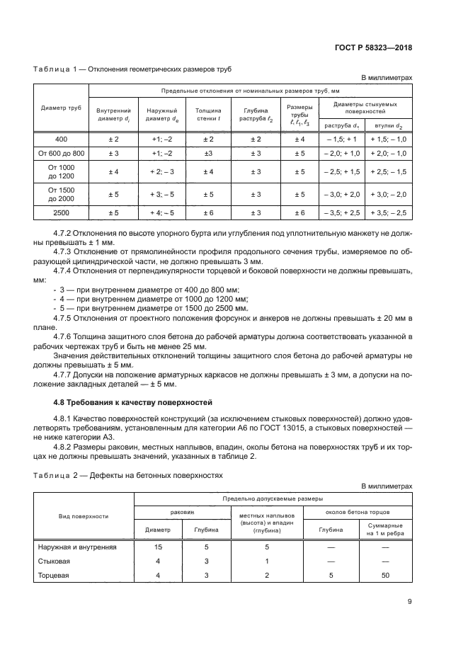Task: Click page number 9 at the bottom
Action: click(x=409, y=602)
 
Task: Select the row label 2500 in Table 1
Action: click(x=61, y=212)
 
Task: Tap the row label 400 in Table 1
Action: click(x=61, y=139)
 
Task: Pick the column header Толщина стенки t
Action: click(x=208, y=115)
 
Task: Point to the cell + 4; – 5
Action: click(x=161, y=212)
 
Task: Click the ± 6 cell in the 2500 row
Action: click(x=208, y=212)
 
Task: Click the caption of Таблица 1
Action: click(x=132, y=69)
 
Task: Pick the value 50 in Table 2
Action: click(x=386, y=576)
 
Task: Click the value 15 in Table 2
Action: click(x=158, y=547)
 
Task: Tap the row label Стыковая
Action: click(x=53, y=561)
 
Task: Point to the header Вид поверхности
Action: click(x=84, y=516)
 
